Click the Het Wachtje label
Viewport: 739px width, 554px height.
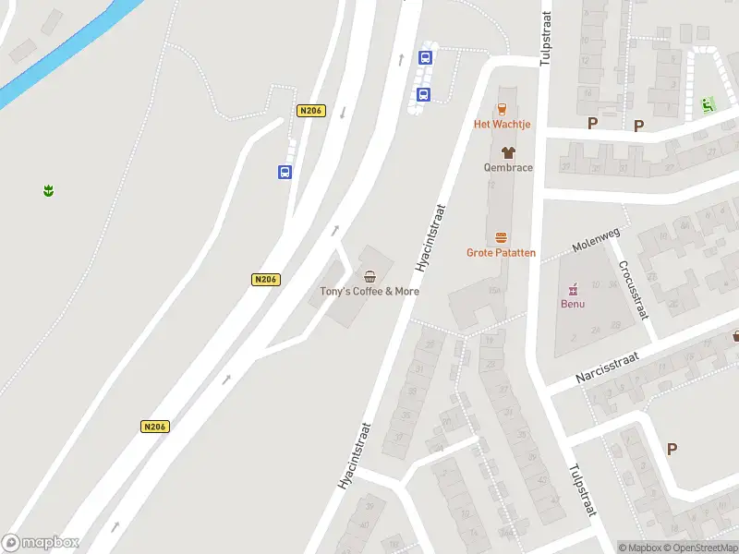(502, 124)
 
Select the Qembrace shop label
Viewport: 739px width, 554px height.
(508, 167)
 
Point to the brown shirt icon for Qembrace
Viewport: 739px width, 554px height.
(508, 152)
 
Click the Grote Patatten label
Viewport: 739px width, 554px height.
(501, 252)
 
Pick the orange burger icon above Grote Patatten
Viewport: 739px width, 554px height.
(502, 237)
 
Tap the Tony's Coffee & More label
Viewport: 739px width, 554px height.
(369, 291)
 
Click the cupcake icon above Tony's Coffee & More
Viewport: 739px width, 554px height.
(370, 276)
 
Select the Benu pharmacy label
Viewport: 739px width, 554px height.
(573, 304)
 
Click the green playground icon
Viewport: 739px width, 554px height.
(709, 104)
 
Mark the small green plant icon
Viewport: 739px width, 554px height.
(47, 190)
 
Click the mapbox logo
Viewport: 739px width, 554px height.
(41, 543)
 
